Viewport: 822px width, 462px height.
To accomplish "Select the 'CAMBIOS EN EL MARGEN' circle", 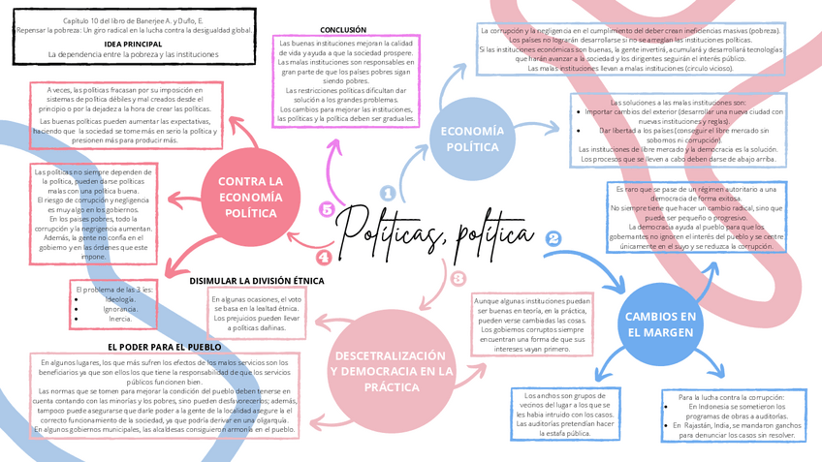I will (x=660, y=323).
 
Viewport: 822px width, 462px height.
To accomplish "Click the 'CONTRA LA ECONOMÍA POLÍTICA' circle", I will (x=250, y=197).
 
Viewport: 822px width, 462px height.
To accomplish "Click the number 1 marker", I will (x=387, y=194).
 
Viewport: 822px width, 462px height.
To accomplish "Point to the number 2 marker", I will (x=553, y=238).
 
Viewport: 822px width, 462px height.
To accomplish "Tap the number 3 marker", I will (x=458, y=278).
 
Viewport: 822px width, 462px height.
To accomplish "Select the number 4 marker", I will (x=324, y=257).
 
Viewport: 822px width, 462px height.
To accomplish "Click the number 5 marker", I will (x=326, y=209).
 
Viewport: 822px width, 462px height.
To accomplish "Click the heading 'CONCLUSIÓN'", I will (x=343, y=30).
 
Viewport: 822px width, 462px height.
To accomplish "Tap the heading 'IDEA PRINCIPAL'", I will (x=133, y=44).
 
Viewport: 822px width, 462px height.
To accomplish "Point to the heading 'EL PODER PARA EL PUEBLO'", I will (x=165, y=346).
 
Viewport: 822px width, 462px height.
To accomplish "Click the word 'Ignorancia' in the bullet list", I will (x=121, y=308).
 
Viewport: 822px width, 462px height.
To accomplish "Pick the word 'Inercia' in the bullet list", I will (x=120, y=318).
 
